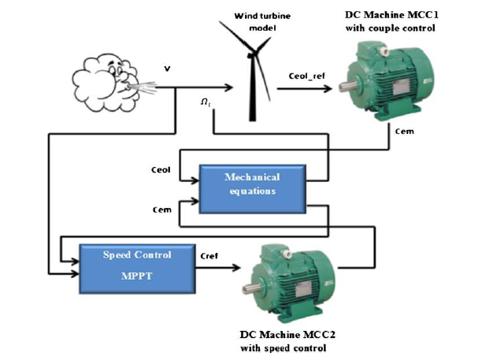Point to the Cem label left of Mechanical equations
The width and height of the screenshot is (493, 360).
pos(161,210)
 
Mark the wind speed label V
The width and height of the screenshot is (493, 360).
pos(168,70)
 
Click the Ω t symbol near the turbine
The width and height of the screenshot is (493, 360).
pos(206,102)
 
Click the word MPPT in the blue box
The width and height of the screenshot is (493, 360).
pos(137,277)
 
